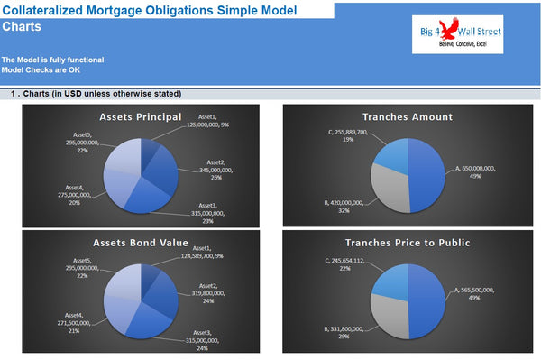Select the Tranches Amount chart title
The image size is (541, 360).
point(407,116)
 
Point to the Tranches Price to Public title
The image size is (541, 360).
point(407,243)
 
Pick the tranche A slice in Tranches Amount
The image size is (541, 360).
point(426,171)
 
